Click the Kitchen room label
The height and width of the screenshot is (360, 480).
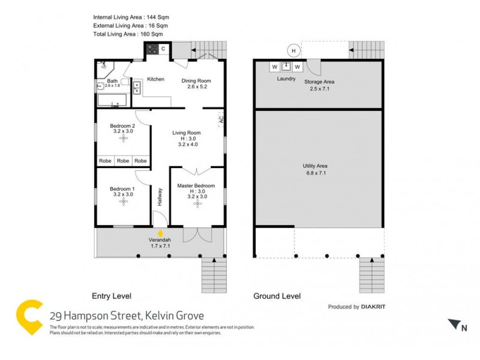coord(155,79)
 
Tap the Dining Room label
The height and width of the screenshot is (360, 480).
coord(196,81)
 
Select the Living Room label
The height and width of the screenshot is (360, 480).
coord(187,133)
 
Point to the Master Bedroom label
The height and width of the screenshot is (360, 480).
coord(196,186)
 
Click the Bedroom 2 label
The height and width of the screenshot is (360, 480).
coord(122,126)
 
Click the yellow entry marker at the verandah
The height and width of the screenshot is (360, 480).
coord(160,233)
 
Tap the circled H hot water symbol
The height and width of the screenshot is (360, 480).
coord(293,51)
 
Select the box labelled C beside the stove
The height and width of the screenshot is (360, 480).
coord(163,49)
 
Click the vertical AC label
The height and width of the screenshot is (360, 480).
coord(221,119)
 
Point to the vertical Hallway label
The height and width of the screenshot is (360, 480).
coord(160,197)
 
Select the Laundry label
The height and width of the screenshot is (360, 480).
coord(286,79)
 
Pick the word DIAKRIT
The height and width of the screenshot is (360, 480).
coord(377,307)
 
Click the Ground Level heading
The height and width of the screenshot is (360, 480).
coord(277,296)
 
